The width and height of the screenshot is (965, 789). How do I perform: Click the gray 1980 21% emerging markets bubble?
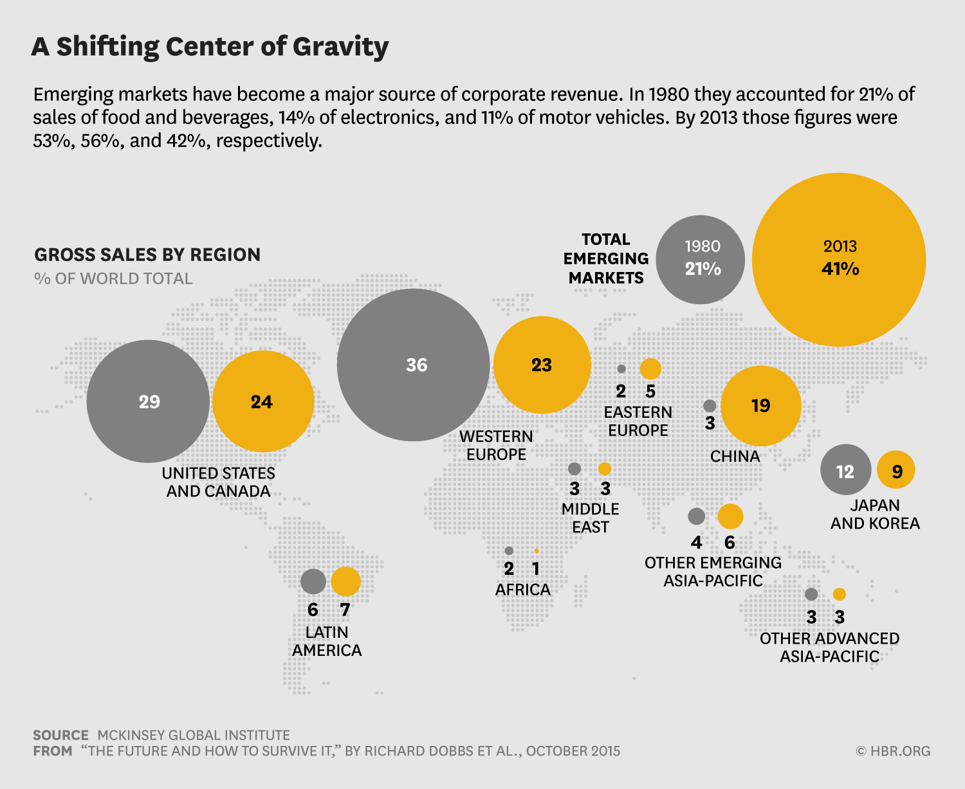pos(701,260)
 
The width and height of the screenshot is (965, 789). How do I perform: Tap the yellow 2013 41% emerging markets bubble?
pos(839,260)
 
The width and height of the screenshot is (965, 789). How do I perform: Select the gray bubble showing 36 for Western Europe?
pos(413,365)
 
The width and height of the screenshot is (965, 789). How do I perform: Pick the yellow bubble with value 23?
pos(542,365)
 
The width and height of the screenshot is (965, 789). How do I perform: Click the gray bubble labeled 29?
pos(148,401)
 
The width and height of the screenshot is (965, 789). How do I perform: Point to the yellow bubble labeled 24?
pos(262,401)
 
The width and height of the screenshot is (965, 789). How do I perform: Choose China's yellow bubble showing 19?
pos(760,406)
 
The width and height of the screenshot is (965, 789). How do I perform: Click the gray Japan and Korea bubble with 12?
pos(845,469)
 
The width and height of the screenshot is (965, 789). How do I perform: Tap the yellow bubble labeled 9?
pos(896,470)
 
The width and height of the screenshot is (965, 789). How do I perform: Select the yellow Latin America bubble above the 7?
pos(345,581)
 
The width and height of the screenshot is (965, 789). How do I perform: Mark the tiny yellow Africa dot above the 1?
pos(537,551)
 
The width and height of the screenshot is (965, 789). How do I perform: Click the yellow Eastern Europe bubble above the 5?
pos(650,368)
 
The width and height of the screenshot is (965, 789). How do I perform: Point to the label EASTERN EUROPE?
pos(638,421)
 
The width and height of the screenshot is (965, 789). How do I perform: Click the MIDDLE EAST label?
pos(590,518)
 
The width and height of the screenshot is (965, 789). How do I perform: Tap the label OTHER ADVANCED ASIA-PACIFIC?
pos(829,648)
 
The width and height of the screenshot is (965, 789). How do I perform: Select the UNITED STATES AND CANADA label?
pos(218,482)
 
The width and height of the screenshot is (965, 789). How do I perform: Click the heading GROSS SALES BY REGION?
pos(147,255)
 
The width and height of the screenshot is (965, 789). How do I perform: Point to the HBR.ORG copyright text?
pos(893,751)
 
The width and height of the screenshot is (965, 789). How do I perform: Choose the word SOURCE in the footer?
pos(60,735)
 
